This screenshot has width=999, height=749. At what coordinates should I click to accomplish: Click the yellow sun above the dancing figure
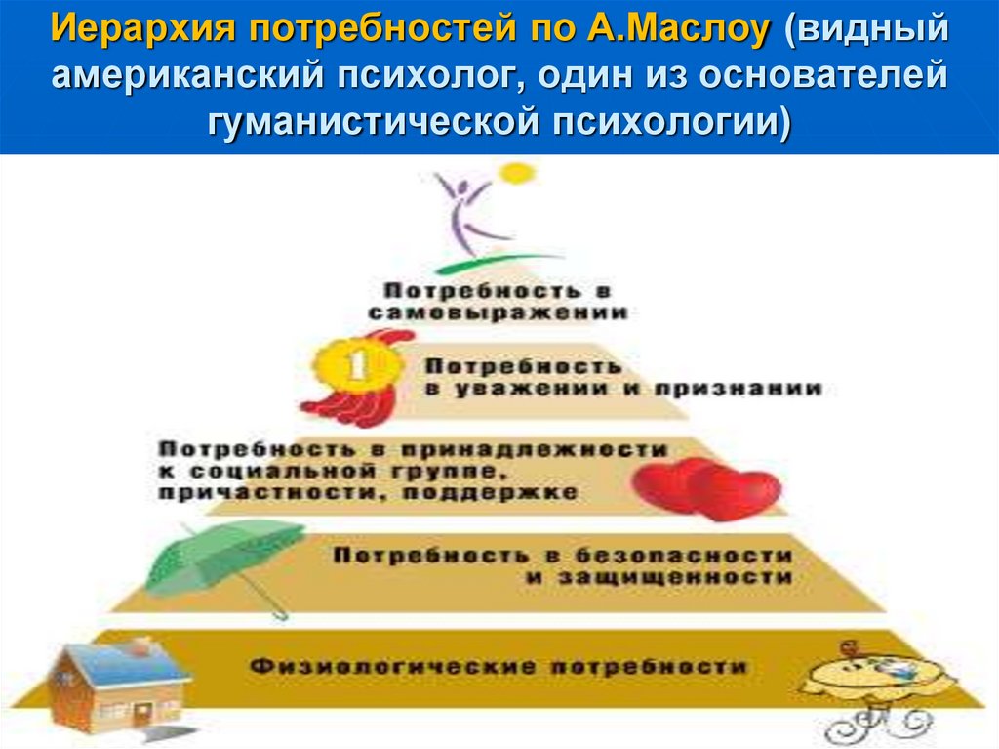[x=517, y=174]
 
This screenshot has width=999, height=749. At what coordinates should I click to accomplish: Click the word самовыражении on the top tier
[x=498, y=312]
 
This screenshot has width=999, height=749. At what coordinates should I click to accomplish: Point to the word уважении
[x=532, y=389]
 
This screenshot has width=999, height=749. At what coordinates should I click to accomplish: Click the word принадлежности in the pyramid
[x=534, y=449]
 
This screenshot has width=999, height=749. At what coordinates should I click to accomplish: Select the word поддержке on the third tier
[x=490, y=493]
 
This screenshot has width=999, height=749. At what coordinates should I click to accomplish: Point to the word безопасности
[x=684, y=556]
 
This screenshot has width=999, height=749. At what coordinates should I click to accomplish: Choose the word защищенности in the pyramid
[x=675, y=577]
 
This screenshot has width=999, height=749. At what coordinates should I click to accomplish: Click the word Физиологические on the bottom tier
[x=392, y=667]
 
